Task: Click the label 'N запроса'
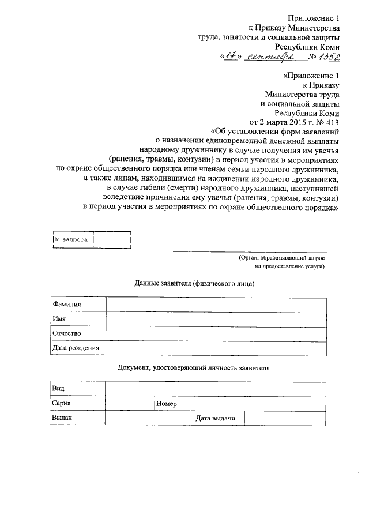pos(70,239)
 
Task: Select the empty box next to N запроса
pos(112,239)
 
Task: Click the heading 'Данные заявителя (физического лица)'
pos(194,284)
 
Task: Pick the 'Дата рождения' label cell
pos(76,348)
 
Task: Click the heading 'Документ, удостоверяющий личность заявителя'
pos(193,367)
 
